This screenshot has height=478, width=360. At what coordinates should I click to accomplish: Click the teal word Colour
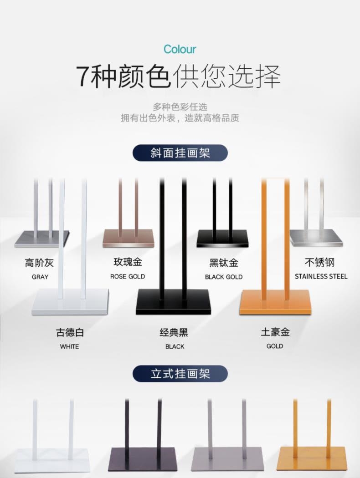point(180,49)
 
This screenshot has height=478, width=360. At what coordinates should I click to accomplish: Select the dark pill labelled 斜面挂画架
point(180,153)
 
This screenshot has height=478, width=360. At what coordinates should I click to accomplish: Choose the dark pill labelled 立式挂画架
point(180,374)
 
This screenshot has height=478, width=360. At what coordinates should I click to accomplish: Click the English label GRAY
point(40,277)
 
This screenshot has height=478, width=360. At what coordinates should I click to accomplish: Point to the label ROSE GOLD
point(128,276)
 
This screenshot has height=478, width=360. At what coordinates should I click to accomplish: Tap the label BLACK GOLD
point(224,277)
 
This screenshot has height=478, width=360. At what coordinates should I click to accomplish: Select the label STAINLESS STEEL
point(321,276)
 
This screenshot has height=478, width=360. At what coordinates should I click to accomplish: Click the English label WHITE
point(69,346)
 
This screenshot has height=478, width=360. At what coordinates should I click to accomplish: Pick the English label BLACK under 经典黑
point(175,346)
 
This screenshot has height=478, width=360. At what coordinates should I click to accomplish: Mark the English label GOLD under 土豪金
point(275,346)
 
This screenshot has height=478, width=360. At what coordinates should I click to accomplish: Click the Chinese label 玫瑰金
point(128,262)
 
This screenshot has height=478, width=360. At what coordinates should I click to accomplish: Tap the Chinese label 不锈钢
point(320,262)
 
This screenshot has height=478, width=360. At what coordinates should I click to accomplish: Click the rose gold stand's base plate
point(128,239)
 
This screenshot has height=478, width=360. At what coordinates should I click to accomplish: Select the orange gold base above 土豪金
point(275,301)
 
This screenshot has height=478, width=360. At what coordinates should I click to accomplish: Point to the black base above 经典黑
point(173,301)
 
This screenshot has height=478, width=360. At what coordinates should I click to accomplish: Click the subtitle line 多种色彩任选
point(180,107)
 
